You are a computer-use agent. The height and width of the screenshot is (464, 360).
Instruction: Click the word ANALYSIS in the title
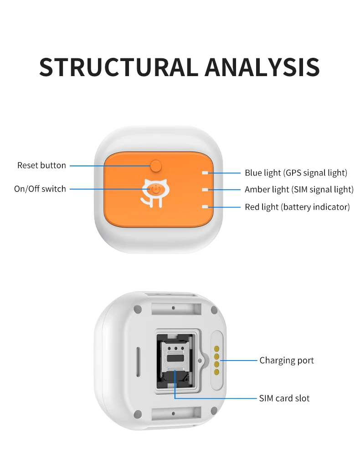coord(262,67)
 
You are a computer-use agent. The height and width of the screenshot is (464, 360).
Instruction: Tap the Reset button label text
coord(41,165)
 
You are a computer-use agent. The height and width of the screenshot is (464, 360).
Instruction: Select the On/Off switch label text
coord(40,189)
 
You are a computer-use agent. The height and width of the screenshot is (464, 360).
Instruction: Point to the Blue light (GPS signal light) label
coord(296,173)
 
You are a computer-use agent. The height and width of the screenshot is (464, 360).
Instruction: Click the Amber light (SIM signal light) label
coord(299,190)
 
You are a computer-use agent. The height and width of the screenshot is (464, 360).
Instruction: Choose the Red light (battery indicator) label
coord(297,207)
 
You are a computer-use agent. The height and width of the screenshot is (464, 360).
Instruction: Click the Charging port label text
coord(287,361)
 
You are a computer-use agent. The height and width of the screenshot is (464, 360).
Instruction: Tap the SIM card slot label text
coord(284,398)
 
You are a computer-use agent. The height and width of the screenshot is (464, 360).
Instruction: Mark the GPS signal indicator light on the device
coord(206,173)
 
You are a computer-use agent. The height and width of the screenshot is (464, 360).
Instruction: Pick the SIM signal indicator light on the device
coord(206,190)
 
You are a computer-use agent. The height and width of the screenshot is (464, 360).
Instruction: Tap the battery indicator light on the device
coord(206,207)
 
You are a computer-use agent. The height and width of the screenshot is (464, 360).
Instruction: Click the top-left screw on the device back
coord(137,309)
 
